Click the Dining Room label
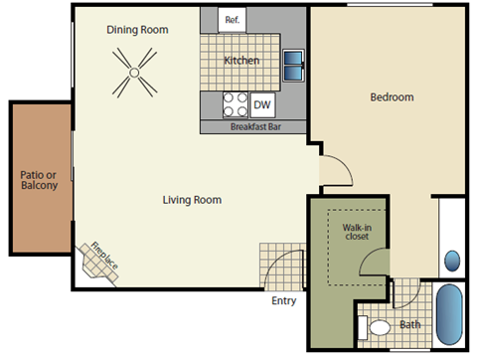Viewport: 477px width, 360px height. coord(138,29)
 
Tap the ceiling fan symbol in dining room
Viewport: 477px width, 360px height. coord(133,76)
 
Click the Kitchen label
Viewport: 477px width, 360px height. coord(241,61)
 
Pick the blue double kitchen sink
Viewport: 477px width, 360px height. coord(294,65)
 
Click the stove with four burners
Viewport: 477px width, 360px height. coord(236,104)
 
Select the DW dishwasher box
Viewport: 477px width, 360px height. coord(262,104)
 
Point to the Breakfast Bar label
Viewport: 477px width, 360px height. coord(253,127)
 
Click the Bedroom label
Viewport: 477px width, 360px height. coord(392,97)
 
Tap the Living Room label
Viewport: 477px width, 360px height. coord(192,200)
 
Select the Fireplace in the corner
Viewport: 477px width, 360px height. coord(100,259)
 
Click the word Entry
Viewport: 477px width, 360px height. coord(283,301)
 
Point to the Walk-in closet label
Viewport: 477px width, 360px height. coord(357,232)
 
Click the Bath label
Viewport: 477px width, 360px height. coord(409,324)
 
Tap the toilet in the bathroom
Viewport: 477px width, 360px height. coord(377,327)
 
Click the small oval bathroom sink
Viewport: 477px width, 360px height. coord(452,262)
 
